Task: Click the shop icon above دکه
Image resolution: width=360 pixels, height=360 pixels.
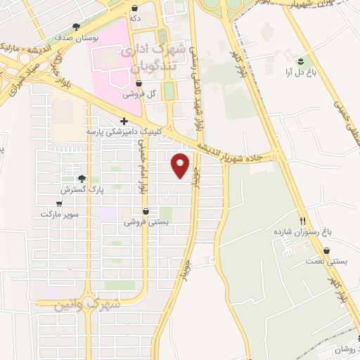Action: coord(134,8)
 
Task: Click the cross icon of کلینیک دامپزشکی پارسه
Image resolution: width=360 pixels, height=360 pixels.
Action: coord(124,121)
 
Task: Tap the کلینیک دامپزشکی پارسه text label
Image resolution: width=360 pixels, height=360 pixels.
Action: coord(124,131)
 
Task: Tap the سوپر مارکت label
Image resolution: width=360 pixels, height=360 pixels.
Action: coord(58,213)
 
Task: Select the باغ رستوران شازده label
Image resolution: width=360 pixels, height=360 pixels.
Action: coord(303,231)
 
